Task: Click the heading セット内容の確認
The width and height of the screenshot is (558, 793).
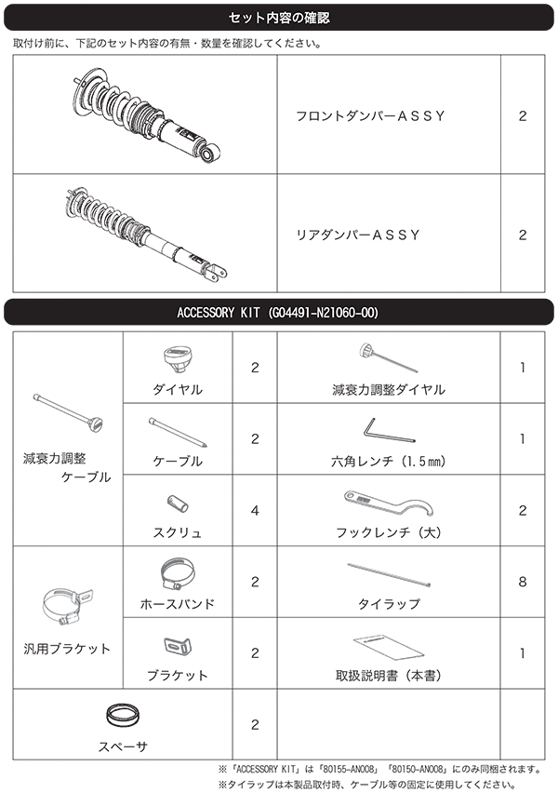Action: pyautogui.click(x=278, y=18)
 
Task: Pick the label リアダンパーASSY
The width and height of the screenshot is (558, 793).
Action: pyautogui.click(x=357, y=235)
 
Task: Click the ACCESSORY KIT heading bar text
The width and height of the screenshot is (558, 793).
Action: pyautogui.click(x=278, y=312)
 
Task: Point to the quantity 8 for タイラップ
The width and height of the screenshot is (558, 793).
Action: pyautogui.click(x=522, y=582)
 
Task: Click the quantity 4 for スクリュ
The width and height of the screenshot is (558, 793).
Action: pyautogui.click(x=255, y=510)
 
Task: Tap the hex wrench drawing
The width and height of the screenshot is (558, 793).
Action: pyautogui.click(x=377, y=431)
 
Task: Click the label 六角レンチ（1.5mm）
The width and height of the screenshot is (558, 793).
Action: pyautogui.click(x=389, y=461)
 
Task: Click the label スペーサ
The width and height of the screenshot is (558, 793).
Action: pyautogui.click(x=123, y=746)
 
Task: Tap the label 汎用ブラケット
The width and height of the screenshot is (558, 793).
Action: pyautogui.click(x=66, y=649)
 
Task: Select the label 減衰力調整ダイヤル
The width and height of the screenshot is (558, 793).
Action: pyautogui.click(x=389, y=390)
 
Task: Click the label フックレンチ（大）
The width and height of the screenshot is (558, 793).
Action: pyautogui.click(x=388, y=533)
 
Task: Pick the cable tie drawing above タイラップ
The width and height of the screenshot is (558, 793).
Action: pyautogui.click(x=388, y=573)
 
